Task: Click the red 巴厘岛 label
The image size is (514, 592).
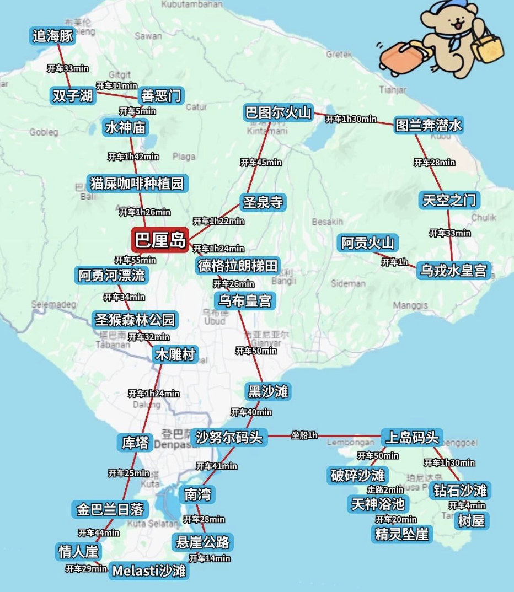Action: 160,240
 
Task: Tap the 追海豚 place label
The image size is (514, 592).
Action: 53,36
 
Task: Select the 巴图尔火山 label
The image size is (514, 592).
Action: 279,113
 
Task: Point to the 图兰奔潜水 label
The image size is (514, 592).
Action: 429,125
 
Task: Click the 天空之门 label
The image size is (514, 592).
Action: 448,200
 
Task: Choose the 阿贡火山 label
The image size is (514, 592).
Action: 368,243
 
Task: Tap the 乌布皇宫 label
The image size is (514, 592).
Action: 245,301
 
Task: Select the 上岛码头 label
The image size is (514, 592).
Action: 412,438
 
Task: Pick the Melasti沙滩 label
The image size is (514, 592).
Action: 149,571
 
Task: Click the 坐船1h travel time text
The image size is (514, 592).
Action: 304,435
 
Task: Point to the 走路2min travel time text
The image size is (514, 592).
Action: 386,489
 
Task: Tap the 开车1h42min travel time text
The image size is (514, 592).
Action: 133,157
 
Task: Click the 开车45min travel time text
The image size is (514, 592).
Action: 261,163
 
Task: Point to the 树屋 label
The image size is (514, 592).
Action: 472,520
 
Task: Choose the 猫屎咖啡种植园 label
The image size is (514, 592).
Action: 136,182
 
